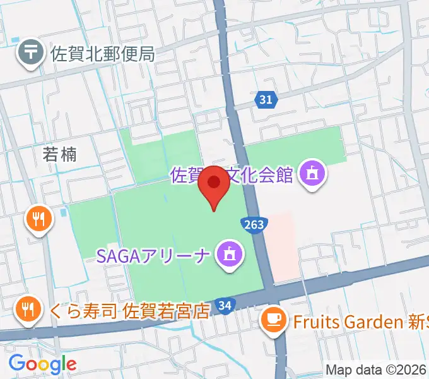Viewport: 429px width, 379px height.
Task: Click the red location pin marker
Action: point(214,184)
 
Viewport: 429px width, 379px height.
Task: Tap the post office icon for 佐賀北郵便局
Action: point(30,53)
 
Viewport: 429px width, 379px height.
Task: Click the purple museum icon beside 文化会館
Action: point(311,173)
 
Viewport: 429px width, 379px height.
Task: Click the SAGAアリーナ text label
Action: point(153,255)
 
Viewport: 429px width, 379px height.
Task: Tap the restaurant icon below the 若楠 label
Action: point(38,219)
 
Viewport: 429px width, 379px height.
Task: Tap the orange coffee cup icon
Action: point(274,320)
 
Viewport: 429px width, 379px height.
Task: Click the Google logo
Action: point(42,363)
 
